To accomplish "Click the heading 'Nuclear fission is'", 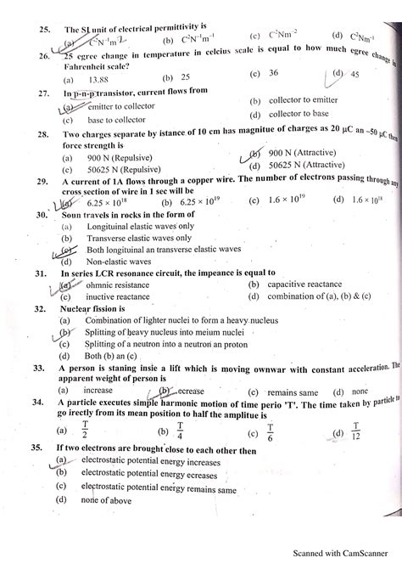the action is (92, 310).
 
